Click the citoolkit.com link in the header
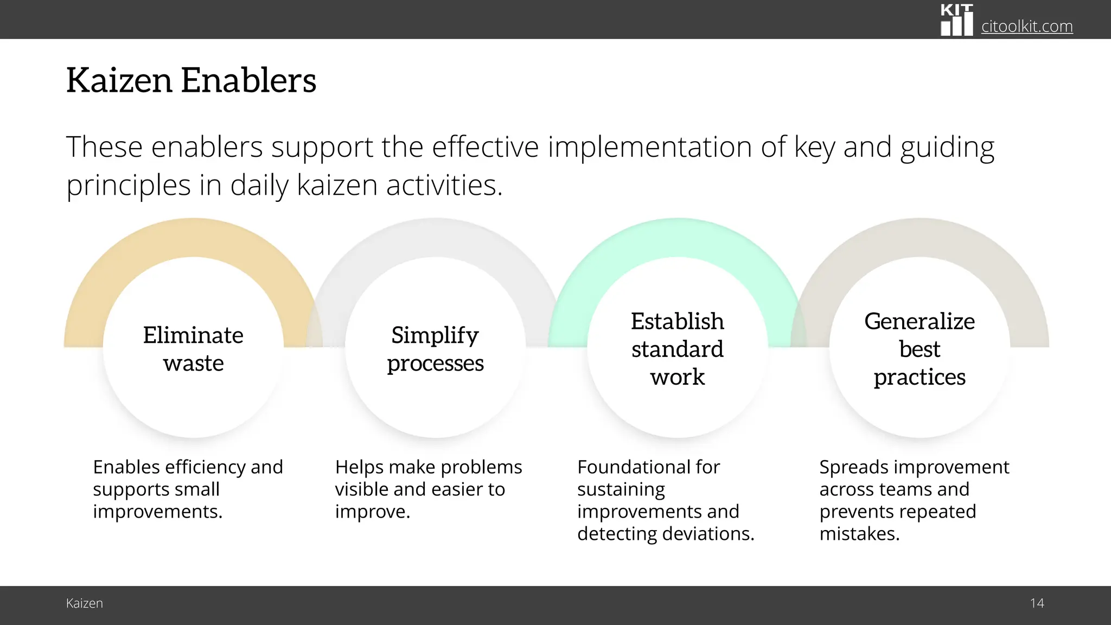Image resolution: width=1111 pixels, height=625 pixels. (1026, 26)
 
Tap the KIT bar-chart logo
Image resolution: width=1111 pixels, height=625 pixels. (956, 20)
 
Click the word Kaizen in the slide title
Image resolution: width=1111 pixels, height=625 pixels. (119, 80)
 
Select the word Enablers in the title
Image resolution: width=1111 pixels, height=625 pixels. (248, 80)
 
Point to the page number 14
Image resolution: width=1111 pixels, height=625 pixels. (1037, 603)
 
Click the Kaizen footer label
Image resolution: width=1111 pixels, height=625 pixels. (84, 603)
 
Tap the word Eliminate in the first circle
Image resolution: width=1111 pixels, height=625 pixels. (193, 335)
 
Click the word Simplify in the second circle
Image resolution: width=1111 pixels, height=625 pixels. (435, 335)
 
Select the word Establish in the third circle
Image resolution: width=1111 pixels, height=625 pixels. (677, 321)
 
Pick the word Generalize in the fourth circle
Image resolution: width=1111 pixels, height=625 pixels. (920, 321)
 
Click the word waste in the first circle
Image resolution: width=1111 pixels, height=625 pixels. (193, 363)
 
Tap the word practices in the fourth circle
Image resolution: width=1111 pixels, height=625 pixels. (920, 377)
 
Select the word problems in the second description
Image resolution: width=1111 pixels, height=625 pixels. (483, 467)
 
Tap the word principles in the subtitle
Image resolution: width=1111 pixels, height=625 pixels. (129, 186)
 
